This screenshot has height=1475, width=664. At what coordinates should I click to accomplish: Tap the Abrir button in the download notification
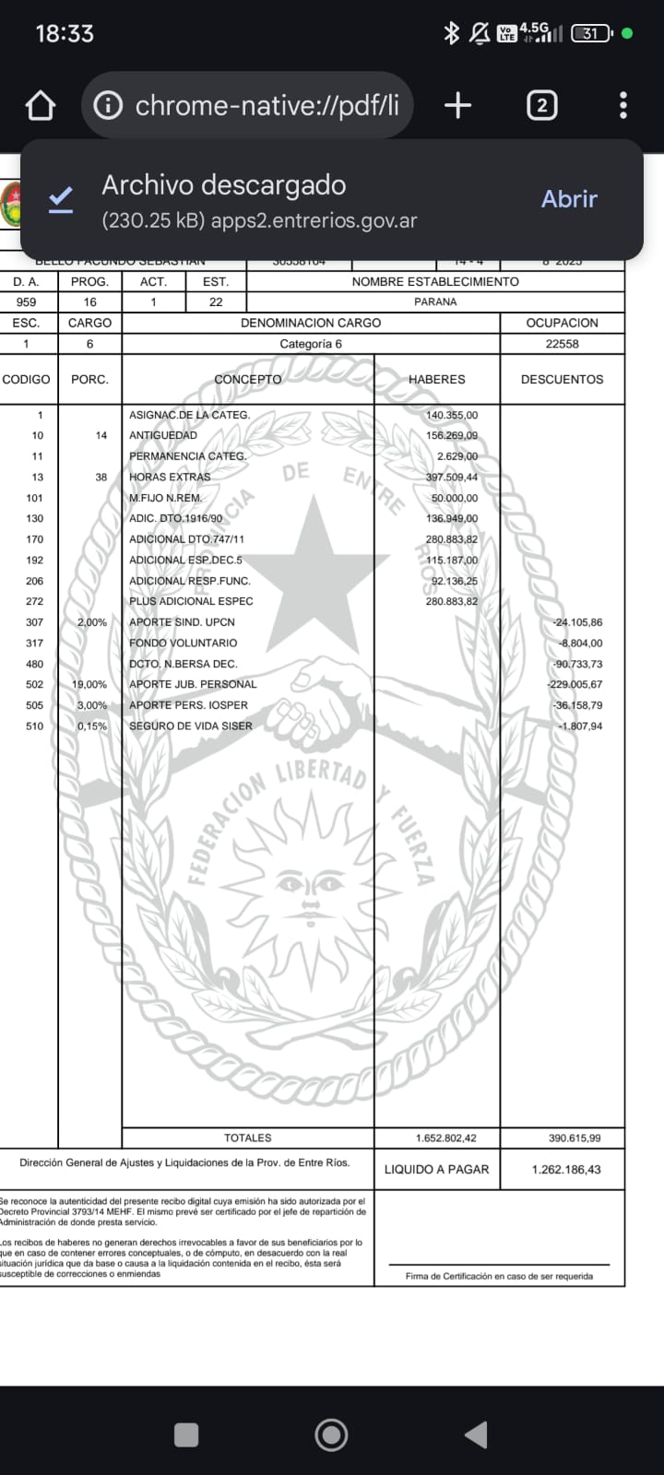[569, 199]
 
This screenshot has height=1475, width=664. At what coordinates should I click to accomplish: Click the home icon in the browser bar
[41, 106]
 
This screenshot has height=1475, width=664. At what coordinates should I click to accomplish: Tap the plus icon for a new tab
[457, 106]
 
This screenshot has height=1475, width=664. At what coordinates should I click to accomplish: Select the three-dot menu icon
[623, 106]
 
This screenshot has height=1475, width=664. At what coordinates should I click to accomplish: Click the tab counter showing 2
[541, 106]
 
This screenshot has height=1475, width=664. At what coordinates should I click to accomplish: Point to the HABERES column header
[436, 379]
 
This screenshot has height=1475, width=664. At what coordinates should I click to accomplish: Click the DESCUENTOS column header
[562, 379]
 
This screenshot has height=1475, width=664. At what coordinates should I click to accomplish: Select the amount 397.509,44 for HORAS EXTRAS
[452, 478]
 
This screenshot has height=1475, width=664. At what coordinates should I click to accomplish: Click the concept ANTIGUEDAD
[163, 435]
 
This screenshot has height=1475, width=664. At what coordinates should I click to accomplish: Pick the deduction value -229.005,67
[575, 685]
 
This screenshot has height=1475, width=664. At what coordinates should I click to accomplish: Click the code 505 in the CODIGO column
[35, 705]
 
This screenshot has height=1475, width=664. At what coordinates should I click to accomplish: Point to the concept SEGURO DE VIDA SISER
[190, 726]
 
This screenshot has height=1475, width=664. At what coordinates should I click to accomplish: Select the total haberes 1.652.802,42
[446, 1139]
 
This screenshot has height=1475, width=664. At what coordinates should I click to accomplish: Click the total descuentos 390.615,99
[575, 1139]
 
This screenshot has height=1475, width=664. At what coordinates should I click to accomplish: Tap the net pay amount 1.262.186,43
[566, 1169]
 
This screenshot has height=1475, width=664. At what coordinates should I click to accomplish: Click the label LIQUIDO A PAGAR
[436, 1169]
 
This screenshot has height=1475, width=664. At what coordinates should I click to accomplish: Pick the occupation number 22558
[562, 344]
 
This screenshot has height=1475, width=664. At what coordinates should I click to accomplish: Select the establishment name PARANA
[435, 301]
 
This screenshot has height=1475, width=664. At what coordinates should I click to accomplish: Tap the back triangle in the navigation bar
[476, 1434]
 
